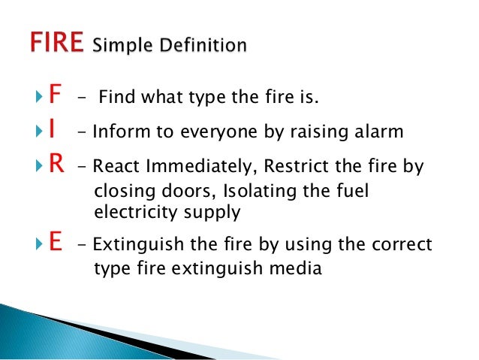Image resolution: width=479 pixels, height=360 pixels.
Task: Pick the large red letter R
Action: pyautogui.click(x=54, y=167)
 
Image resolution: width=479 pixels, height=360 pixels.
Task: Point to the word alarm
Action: pyautogui.click(x=378, y=132)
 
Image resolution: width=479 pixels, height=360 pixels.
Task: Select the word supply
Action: pyautogui.click(x=213, y=213)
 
